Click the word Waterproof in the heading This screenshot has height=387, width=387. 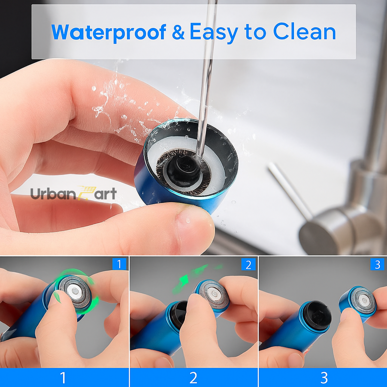pyautogui.click(x=108, y=32)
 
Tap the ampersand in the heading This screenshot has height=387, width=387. pyautogui.click(x=178, y=32)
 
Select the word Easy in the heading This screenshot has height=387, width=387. pyautogui.click(x=213, y=32)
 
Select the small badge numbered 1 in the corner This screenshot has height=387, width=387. pyautogui.click(x=119, y=264)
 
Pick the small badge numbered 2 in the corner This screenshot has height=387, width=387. pyautogui.click(x=248, y=265)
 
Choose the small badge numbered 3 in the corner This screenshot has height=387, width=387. pyautogui.click(x=377, y=265)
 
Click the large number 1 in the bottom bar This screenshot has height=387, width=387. pyautogui.click(x=63, y=378)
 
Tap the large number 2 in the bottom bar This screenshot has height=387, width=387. pyautogui.click(x=193, y=378)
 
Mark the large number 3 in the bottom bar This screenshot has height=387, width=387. pyautogui.click(x=324, y=378)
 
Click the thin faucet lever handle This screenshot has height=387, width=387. pyautogui.click(x=289, y=190)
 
